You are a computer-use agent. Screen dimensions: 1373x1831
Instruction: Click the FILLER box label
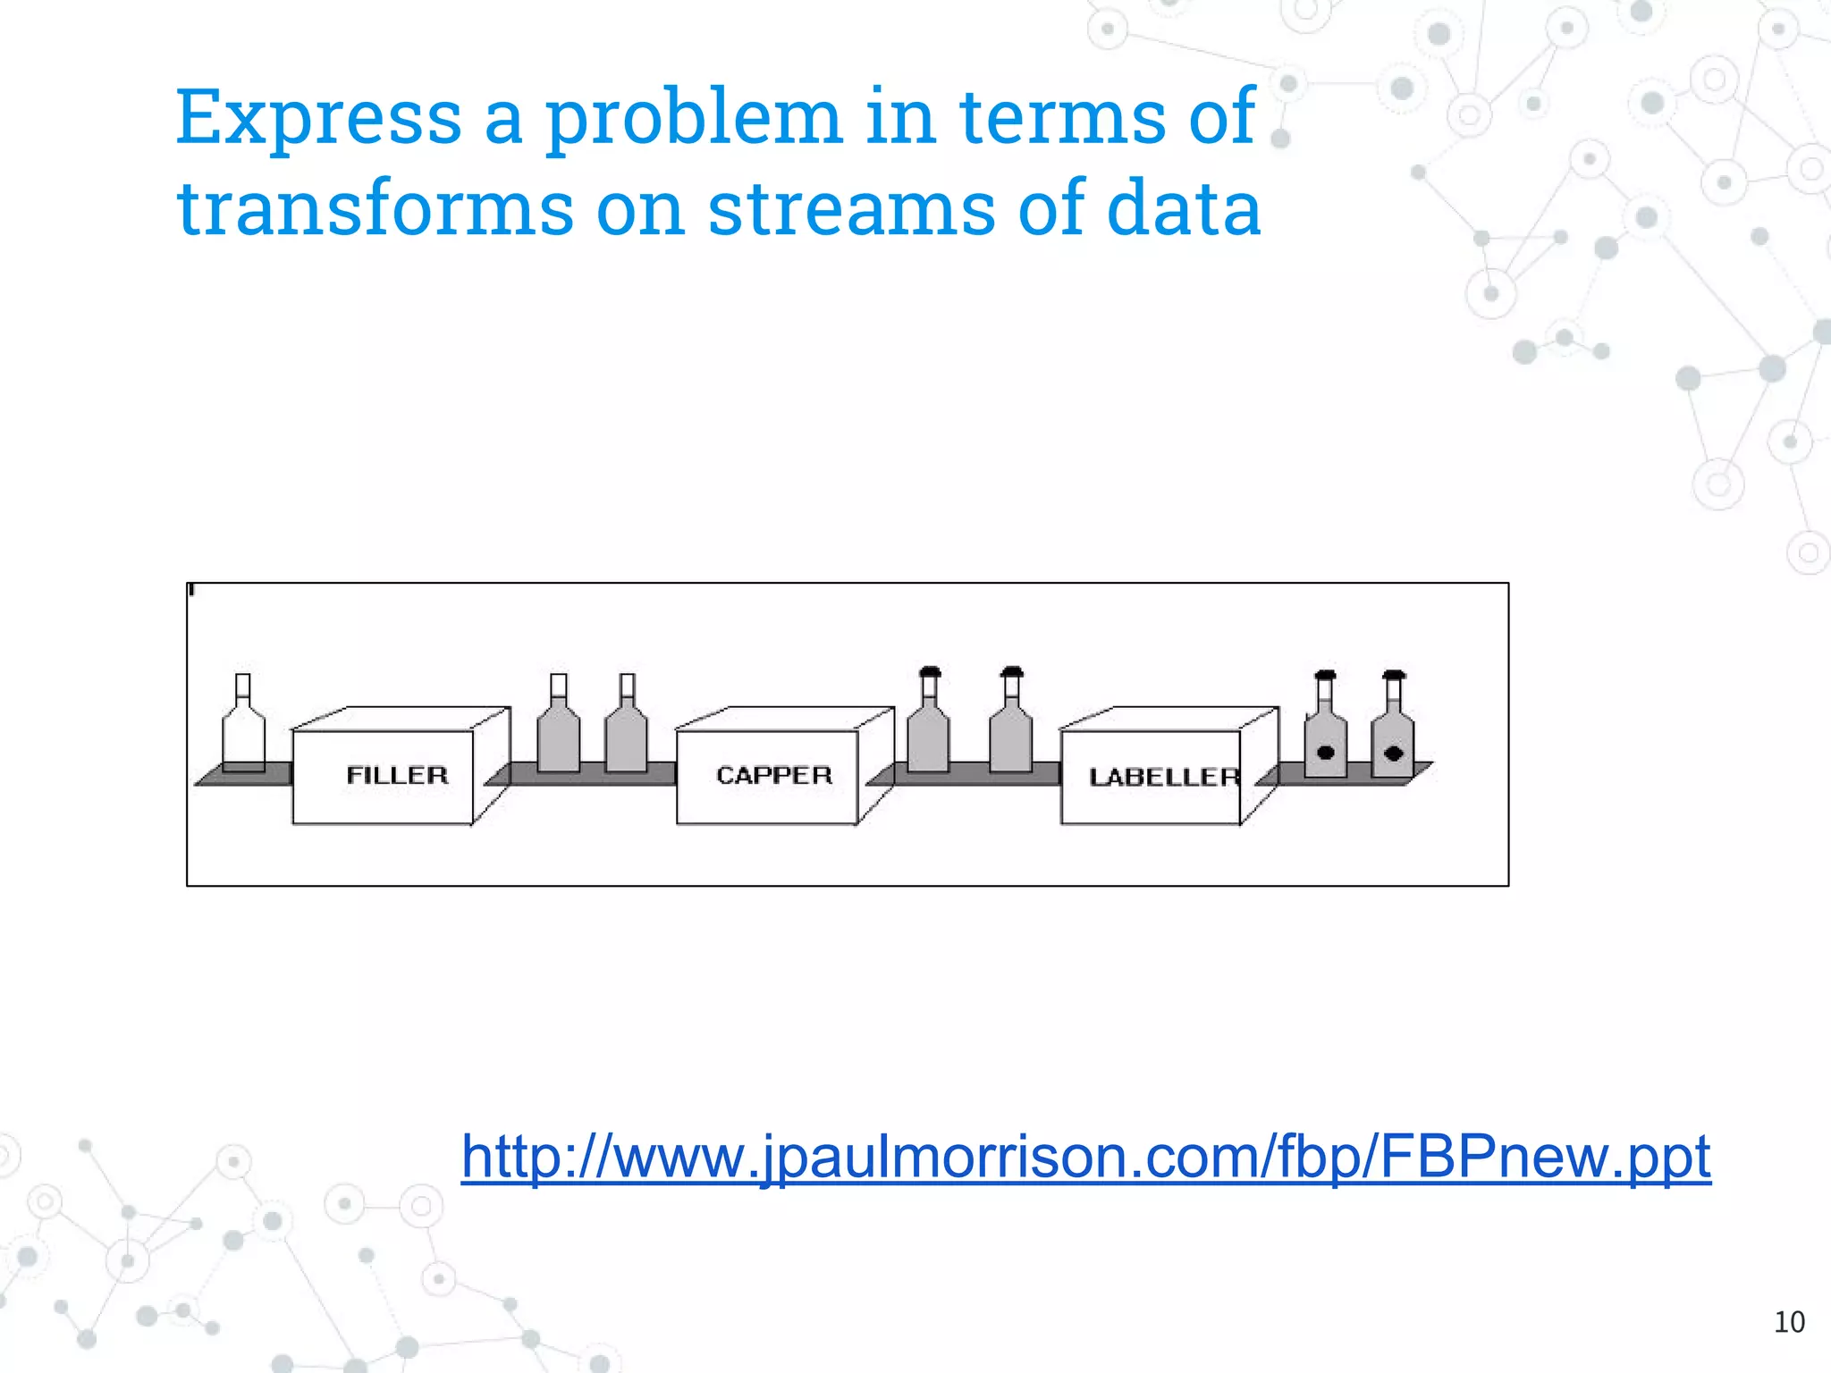tap(397, 775)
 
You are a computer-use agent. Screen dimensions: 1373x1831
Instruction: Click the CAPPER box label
tap(774, 775)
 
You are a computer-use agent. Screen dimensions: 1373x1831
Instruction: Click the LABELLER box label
tap(1164, 777)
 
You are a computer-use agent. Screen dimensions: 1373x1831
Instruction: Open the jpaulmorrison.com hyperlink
tap(1085, 1157)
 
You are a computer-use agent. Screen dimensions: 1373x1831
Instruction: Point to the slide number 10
tap(1789, 1322)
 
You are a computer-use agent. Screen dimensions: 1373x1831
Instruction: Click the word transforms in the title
tap(375, 209)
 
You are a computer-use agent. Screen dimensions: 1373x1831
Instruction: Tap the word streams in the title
tap(851, 209)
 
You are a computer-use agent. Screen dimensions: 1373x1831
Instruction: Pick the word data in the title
tap(1184, 209)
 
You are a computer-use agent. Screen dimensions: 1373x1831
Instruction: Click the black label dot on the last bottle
tap(1393, 753)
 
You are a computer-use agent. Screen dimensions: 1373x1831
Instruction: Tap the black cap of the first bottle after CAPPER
tap(930, 671)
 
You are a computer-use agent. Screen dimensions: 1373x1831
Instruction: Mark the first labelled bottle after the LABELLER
tap(1326, 737)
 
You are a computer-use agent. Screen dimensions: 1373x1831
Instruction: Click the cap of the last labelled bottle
tap(1394, 674)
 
